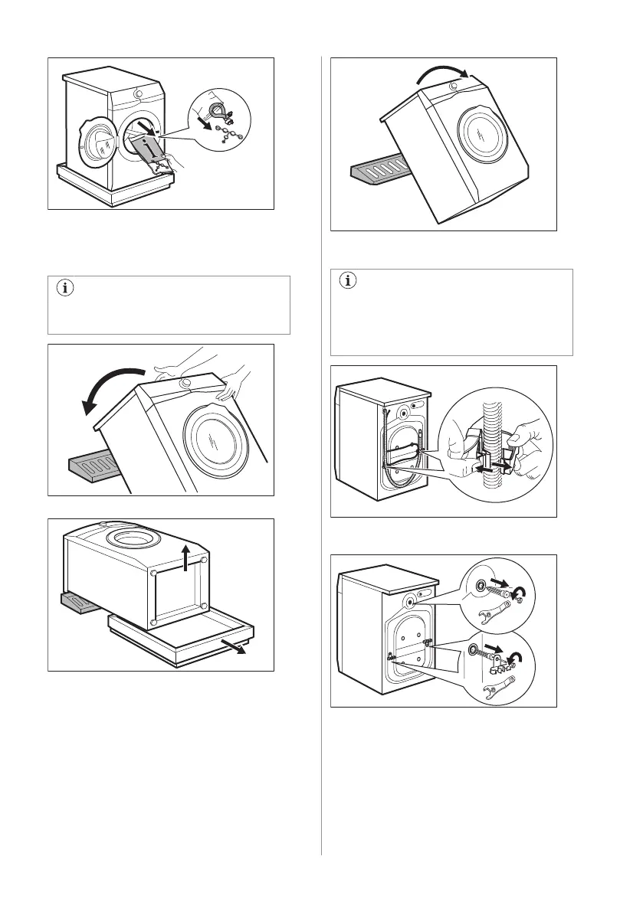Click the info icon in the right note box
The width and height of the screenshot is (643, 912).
pos(347,281)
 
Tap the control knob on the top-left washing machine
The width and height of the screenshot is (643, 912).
pos(138,93)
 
